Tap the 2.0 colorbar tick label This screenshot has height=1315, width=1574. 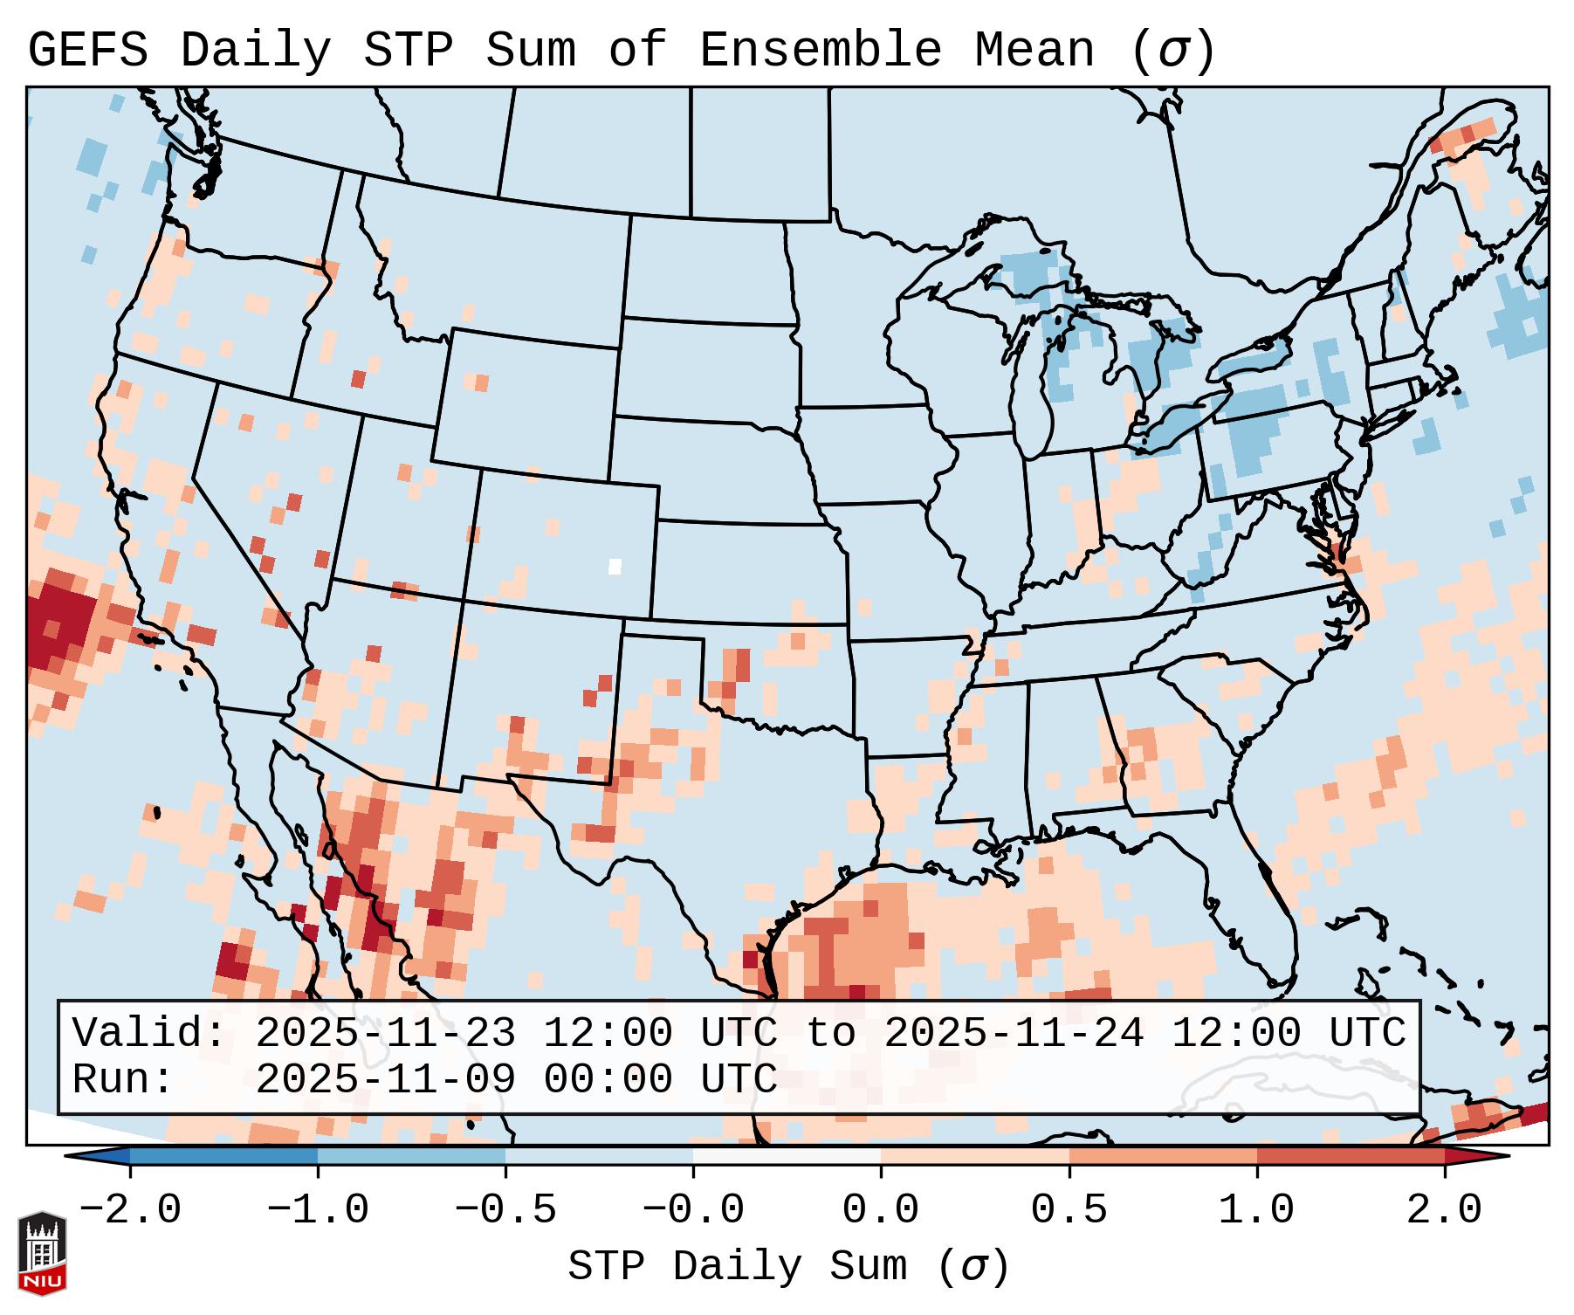[1444, 1210]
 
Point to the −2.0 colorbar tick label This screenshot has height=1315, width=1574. [130, 1210]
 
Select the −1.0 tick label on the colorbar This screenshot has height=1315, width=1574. [318, 1210]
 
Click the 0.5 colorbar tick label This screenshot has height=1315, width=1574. [1069, 1210]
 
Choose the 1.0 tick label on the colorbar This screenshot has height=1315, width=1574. [1256, 1210]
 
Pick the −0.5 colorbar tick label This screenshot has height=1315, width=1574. [505, 1210]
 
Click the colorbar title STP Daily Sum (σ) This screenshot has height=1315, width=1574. [788, 1267]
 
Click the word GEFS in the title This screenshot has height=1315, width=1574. [87, 51]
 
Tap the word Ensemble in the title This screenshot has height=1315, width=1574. [821, 51]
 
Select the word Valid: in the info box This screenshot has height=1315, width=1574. [148, 1033]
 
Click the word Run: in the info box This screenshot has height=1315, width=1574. [122, 1079]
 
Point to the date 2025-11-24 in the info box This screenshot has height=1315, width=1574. [1014, 1033]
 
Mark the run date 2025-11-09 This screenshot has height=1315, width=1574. [385, 1079]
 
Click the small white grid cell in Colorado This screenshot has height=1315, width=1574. [615, 566]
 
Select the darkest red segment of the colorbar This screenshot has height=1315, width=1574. [1351, 1156]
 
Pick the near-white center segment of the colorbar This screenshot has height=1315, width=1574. [787, 1156]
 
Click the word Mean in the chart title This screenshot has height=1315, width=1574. [1034, 51]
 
